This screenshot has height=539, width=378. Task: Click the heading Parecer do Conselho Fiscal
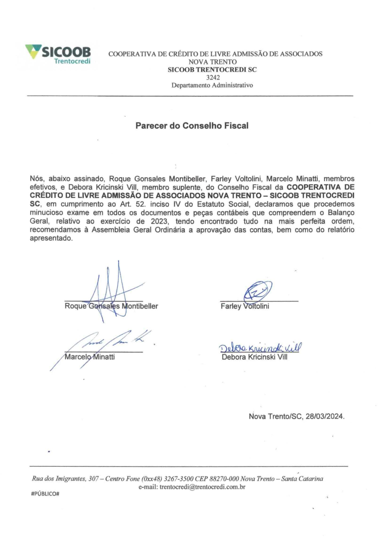(192, 126)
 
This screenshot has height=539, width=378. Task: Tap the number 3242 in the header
(213, 77)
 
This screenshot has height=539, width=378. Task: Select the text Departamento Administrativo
(212, 85)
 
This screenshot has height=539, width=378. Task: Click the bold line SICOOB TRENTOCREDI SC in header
(212, 69)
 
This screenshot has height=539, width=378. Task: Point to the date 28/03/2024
(325, 417)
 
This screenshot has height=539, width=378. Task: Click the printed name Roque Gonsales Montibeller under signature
(111, 306)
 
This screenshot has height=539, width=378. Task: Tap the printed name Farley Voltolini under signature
(245, 306)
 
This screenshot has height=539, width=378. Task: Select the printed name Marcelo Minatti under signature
(90, 357)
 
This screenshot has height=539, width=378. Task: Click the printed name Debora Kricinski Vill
(254, 357)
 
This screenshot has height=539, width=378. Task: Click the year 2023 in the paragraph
(159, 221)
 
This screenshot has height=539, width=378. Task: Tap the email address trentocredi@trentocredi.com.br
(202, 487)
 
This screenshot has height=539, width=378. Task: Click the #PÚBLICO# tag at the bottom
(45, 494)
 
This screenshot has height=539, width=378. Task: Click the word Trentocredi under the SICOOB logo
(72, 61)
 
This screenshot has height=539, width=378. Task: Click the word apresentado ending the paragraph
(51, 238)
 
